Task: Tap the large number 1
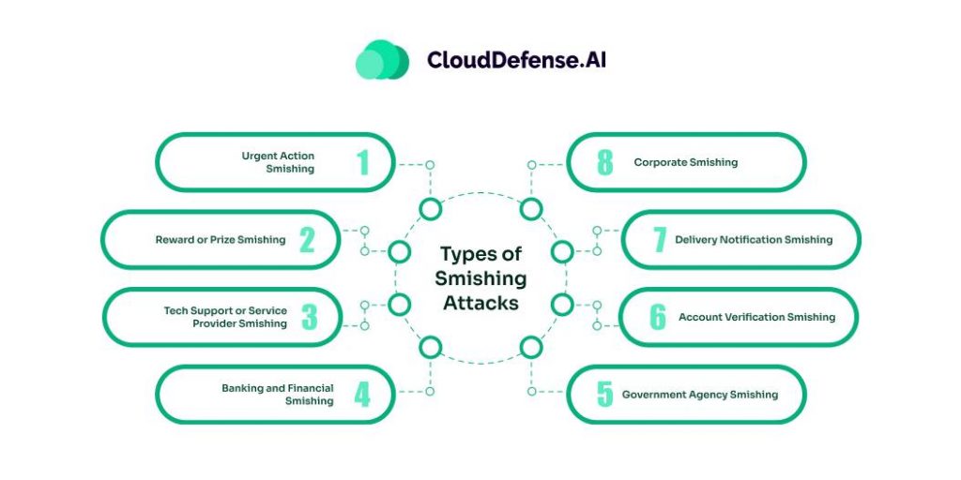(362, 162)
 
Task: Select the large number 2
(307, 240)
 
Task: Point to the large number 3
(309, 317)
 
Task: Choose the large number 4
(362, 395)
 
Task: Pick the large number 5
(605, 395)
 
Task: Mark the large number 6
(658, 317)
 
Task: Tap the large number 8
(605, 162)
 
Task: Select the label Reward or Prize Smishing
(221, 240)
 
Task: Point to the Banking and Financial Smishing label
(278, 395)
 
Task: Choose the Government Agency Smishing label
(700, 395)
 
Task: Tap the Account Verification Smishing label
(756, 317)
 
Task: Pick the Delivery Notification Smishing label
(754, 240)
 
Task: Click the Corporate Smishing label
(686, 162)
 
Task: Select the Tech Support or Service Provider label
(225, 317)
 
